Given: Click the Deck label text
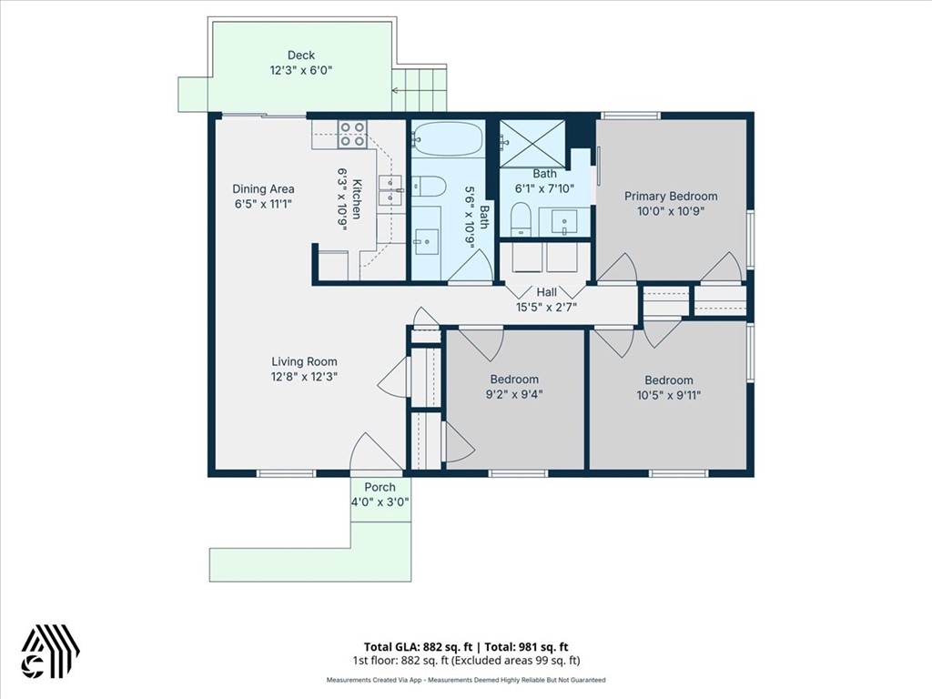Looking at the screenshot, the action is [x=300, y=56].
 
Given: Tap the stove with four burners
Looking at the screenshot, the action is [x=352, y=135].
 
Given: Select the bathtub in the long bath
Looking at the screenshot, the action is [x=448, y=139].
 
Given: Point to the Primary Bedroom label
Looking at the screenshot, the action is [x=671, y=197].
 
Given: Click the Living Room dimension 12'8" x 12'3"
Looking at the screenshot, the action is [x=304, y=376].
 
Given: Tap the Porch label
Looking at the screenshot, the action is [x=380, y=488].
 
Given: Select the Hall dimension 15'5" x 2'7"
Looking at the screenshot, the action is [x=546, y=308].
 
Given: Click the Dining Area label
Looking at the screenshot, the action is [x=263, y=189].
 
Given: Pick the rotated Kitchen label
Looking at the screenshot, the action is [x=357, y=199].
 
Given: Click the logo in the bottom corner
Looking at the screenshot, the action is [x=51, y=652].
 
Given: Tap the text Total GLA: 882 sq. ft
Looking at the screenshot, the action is [x=419, y=647].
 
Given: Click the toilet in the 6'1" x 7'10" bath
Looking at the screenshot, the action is [x=520, y=220].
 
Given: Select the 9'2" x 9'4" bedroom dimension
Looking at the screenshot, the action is [x=515, y=394].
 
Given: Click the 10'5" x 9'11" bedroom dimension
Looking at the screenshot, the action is [x=669, y=395].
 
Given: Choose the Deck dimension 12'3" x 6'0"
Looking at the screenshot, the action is [x=300, y=70].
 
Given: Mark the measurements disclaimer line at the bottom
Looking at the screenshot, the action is [x=466, y=680].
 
